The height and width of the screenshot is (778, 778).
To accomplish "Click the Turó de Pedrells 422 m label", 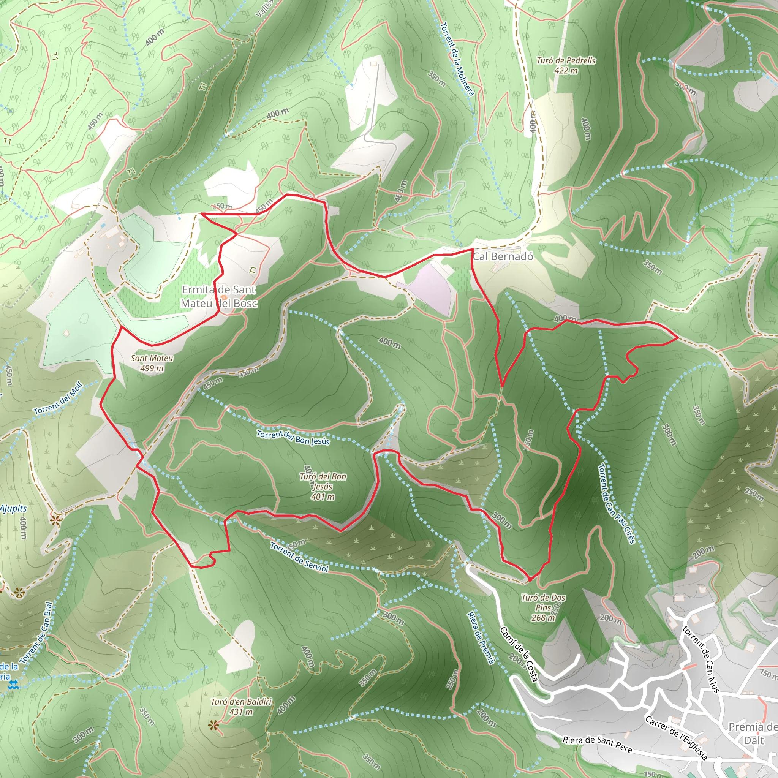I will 566,65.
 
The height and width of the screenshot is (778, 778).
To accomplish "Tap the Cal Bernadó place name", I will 503,256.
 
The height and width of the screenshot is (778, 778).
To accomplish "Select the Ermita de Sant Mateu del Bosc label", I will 219,296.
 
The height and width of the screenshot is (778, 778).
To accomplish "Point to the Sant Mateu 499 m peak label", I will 152,363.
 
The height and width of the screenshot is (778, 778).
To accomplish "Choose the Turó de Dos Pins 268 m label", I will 543,607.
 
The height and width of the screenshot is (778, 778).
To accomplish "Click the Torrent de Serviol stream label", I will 299,557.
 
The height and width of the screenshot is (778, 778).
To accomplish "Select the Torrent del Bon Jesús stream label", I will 293,438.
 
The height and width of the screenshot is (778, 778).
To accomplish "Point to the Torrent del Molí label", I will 59,398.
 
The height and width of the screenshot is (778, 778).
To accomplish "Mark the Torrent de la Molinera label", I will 457,59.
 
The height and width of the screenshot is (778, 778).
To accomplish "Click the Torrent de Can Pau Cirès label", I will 616,503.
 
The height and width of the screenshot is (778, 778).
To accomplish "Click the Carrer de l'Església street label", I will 676,738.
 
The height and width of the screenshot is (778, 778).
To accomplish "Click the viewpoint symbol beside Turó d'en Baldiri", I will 213,725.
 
